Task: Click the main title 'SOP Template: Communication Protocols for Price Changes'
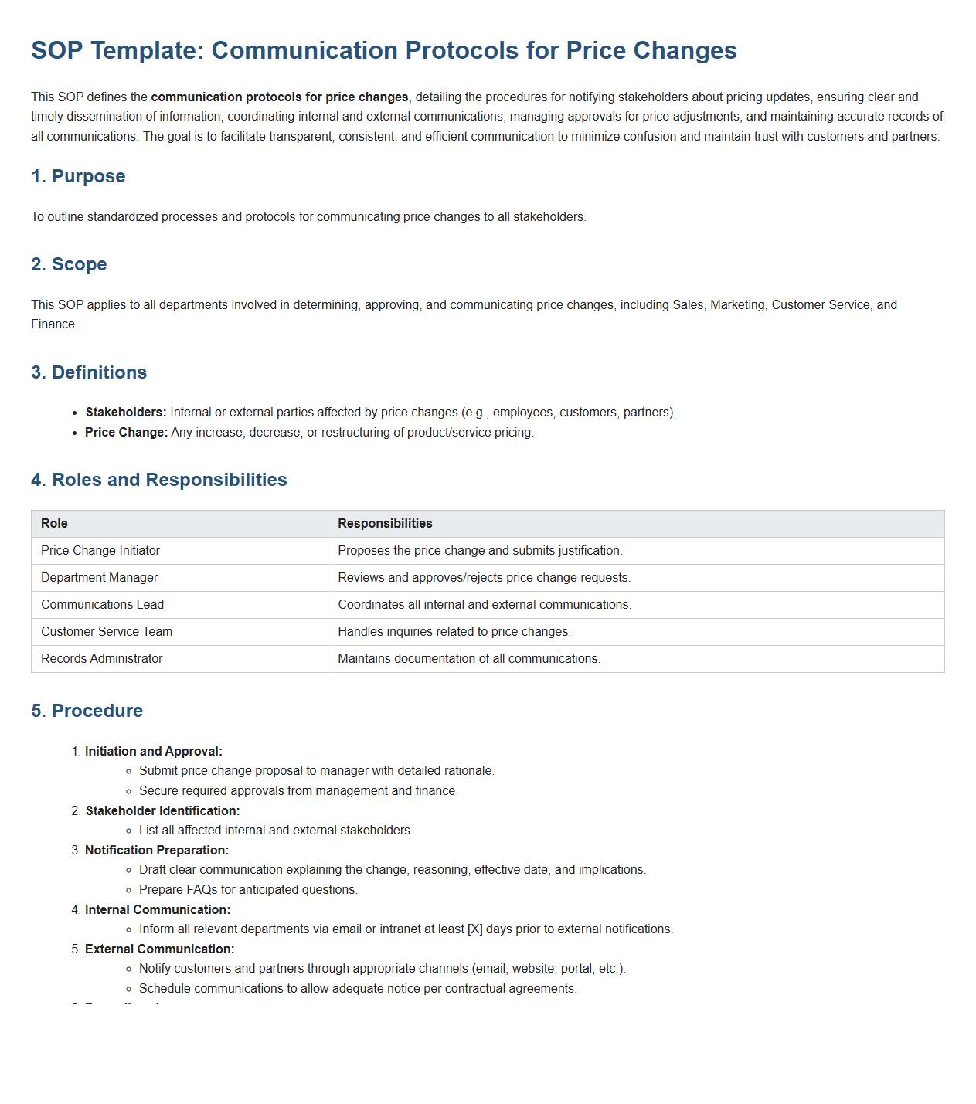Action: tap(383, 50)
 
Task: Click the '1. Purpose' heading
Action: tap(78, 176)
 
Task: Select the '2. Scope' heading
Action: tap(69, 264)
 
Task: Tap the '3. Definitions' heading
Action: tap(89, 372)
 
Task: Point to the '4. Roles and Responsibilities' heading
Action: tap(159, 480)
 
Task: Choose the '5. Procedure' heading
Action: tap(87, 711)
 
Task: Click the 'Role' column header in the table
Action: tap(54, 524)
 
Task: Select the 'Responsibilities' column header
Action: tap(385, 524)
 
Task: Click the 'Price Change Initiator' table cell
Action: tap(100, 551)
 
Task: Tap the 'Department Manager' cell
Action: tap(99, 578)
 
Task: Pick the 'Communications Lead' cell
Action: tap(102, 605)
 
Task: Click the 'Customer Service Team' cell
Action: tap(107, 632)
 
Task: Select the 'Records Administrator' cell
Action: tap(101, 659)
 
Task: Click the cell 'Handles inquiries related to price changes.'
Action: tap(454, 632)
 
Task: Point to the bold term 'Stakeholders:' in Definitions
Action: tap(126, 413)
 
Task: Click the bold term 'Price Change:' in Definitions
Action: tap(126, 433)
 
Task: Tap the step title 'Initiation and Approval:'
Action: tap(154, 752)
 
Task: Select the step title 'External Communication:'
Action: tap(160, 949)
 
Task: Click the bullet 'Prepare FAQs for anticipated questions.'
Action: tap(248, 890)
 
